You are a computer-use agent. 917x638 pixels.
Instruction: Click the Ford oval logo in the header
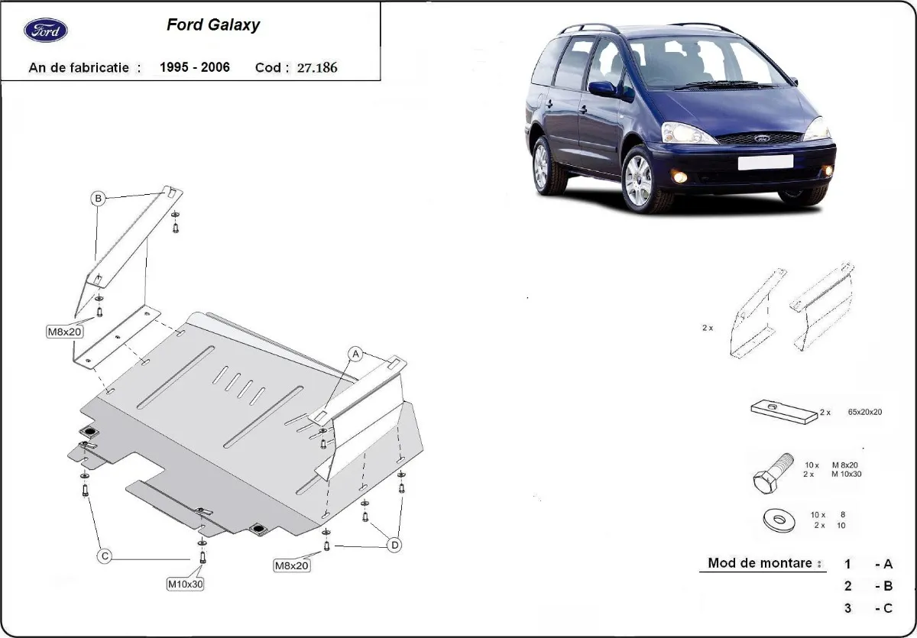click(46, 31)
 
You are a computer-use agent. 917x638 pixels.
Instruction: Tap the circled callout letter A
click(355, 353)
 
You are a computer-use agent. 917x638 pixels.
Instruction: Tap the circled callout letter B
click(98, 199)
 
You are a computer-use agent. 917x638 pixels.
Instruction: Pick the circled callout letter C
click(105, 556)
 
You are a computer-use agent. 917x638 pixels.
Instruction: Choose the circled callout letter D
click(394, 545)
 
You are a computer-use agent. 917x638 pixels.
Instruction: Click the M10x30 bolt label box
click(186, 584)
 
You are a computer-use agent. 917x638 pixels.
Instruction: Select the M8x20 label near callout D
click(292, 565)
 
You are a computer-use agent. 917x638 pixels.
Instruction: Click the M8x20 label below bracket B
click(66, 331)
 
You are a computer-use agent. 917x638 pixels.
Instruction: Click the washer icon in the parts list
click(778, 521)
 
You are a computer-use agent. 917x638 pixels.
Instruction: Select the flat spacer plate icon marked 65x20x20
click(783, 413)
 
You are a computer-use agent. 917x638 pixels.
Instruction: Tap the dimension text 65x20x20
click(864, 412)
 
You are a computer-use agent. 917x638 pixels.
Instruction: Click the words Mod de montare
click(760, 563)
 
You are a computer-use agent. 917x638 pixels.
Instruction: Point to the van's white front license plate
click(764, 162)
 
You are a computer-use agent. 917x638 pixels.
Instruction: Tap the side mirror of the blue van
click(603, 88)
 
